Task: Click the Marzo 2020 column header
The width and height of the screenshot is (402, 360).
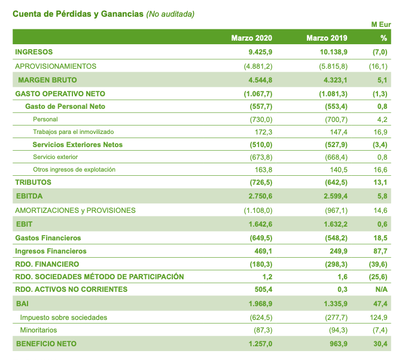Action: coord(252,38)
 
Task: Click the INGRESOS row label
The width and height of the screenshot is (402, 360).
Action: coord(34,52)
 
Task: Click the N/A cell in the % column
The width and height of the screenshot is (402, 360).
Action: coord(381,289)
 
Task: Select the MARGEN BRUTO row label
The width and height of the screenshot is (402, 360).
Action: coord(48,80)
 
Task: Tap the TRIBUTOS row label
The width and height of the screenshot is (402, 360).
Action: coord(33,182)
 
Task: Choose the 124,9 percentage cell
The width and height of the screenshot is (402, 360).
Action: coord(379,317)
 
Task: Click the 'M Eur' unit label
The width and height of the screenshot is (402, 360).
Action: coord(381,24)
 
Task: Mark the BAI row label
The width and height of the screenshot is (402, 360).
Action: coord(22,304)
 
